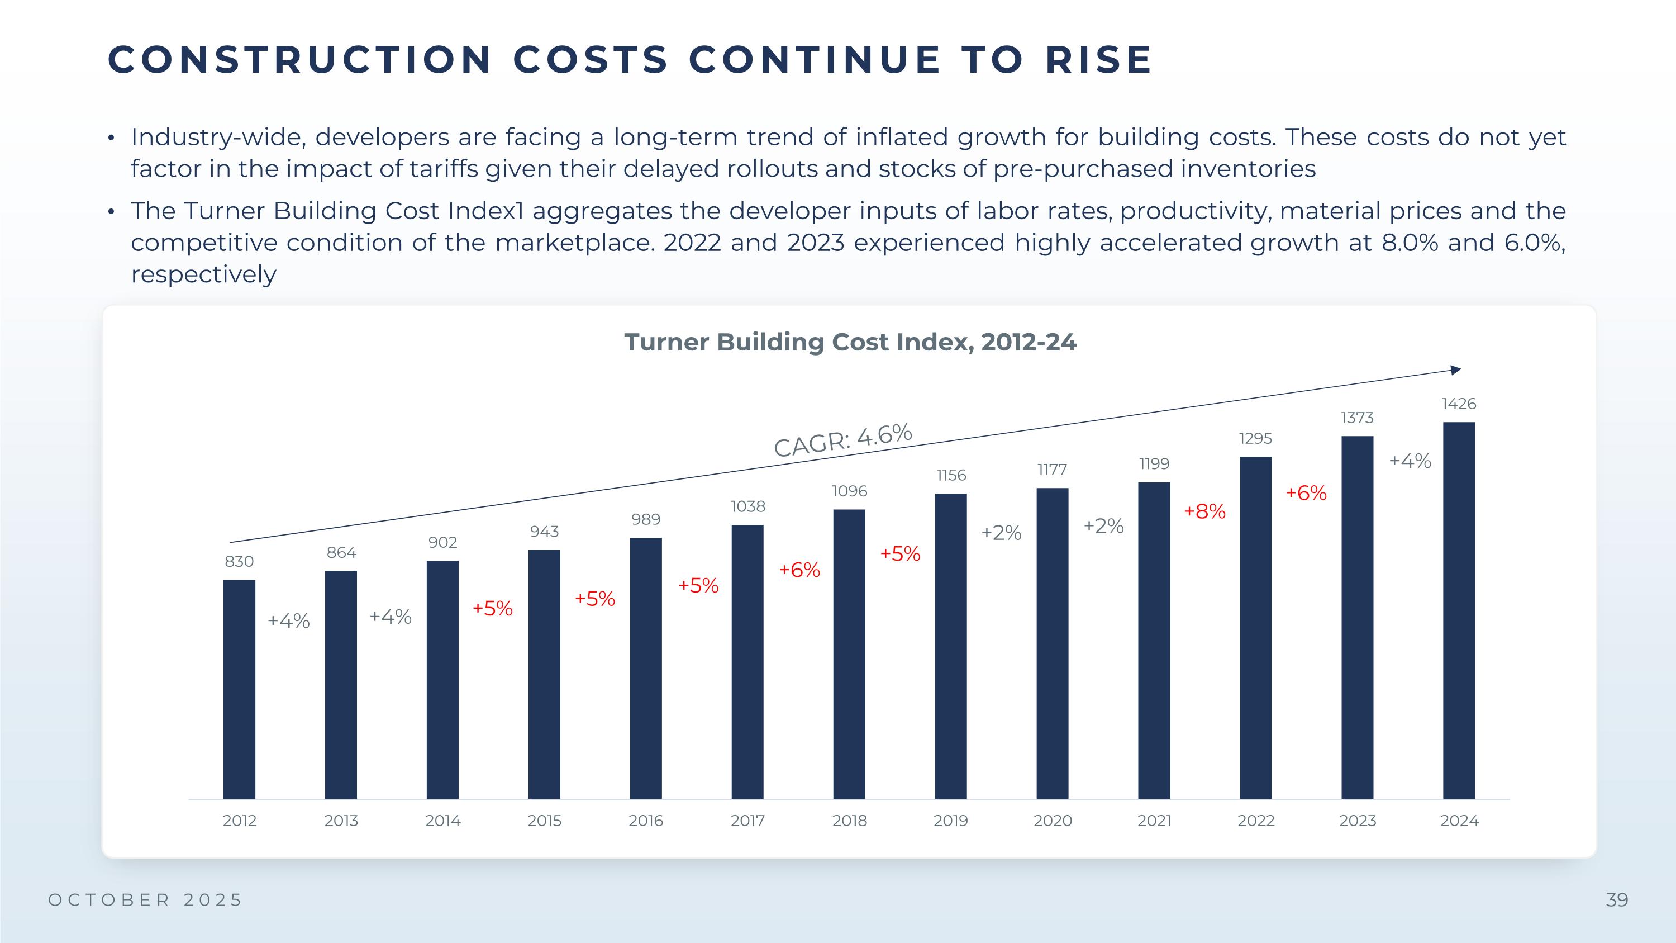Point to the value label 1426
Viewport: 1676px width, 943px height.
pos(1459,404)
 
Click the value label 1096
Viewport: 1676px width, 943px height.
pos(849,491)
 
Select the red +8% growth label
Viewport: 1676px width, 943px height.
pos(1204,511)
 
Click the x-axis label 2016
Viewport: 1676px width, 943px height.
pos(645,821)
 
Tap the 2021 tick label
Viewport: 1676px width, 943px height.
pos(1154,821)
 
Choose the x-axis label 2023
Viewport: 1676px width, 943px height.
pos(1357,821)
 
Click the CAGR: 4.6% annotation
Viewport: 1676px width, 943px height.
pos(843,440)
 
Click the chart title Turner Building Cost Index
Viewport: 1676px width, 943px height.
pos(850,342)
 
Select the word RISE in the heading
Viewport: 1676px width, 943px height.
pos(1099,60)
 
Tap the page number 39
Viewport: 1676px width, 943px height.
pos(1617,900)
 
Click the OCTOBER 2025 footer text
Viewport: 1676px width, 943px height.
pos(146,900)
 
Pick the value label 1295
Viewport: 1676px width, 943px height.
pos(1255,439)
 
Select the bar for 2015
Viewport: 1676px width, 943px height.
pos(544,674)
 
